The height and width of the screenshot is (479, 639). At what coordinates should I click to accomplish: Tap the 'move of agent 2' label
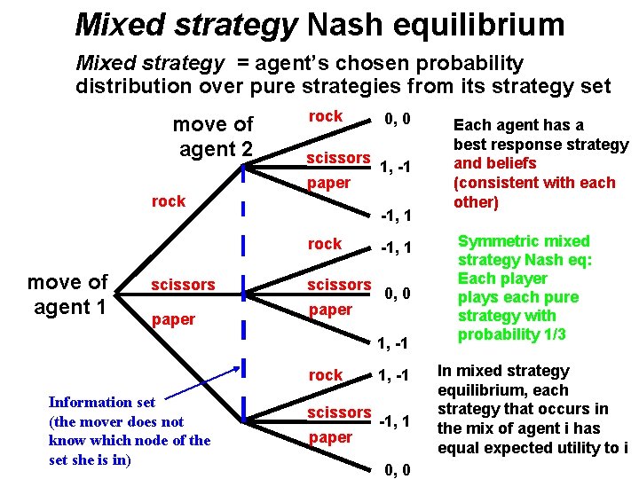[x=213, y=137]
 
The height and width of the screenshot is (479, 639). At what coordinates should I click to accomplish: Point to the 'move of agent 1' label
[x=68, y=294]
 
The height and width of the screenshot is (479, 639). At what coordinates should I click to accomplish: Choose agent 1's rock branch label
[x=169, y=201]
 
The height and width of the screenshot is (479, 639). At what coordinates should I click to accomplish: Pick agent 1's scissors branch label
[x=183, y=285]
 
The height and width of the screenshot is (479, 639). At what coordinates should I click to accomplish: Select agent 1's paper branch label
[x=174, y=319]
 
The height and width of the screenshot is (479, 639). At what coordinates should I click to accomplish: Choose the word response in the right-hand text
[x=523, y=145]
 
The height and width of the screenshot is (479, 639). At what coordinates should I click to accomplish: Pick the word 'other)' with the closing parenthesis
[x=477, y=201]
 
